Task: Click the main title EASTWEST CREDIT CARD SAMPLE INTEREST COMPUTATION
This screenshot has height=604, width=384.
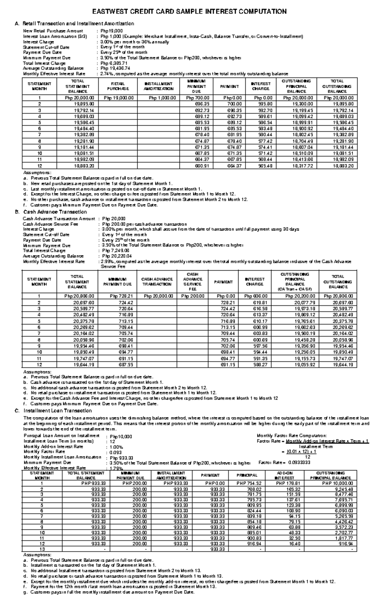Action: point(189,12)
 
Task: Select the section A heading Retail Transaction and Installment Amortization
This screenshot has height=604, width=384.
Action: point(78,24)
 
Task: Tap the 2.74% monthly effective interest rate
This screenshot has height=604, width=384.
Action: point(106,74)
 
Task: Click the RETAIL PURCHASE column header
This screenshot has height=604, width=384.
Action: point(118,86)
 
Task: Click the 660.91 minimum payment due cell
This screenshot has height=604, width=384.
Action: point(202,166)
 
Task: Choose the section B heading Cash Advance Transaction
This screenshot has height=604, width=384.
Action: point(55,212)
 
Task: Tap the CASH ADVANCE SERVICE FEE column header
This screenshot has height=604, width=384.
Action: point(192,282)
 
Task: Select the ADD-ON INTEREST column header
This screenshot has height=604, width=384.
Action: point(284,475)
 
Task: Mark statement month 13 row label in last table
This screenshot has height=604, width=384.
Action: point(42,549)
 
